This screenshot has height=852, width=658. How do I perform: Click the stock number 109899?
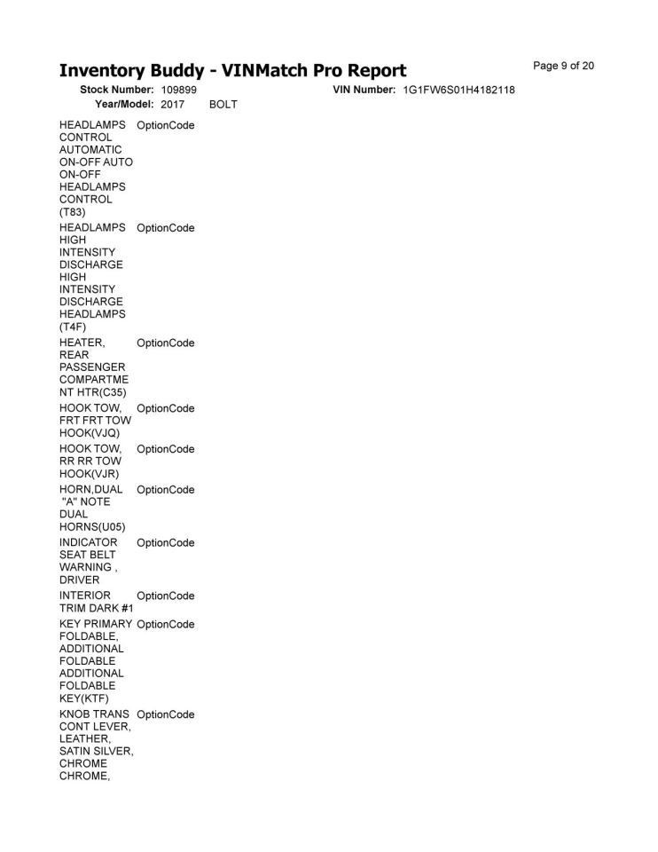(178, 91)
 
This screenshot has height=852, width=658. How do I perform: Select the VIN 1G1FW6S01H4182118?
(458, 91)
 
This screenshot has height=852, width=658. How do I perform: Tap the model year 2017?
(172, 105)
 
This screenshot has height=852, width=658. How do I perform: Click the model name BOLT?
(223, 105)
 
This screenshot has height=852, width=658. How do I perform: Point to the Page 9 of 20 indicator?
(564, 66)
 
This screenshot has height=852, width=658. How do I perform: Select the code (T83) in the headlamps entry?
(73, 212)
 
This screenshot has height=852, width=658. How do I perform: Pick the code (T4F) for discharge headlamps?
(73, 327)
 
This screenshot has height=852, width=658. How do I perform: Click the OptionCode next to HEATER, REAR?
(166, 343)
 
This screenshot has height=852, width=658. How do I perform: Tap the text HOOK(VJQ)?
(90, 433)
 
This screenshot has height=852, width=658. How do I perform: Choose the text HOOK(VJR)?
(90, 474)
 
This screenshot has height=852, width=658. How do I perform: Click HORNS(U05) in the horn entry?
(92, 527)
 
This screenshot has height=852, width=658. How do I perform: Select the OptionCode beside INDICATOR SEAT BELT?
(166, 542)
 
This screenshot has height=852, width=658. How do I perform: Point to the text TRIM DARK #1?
(96, 608)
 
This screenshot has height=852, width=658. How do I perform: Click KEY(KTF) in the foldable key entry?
(84, 698)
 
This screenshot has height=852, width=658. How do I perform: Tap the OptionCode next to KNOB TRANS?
(166, 714)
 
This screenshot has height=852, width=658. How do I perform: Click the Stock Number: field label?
(117, 91)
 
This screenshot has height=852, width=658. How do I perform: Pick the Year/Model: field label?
(123, 105)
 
